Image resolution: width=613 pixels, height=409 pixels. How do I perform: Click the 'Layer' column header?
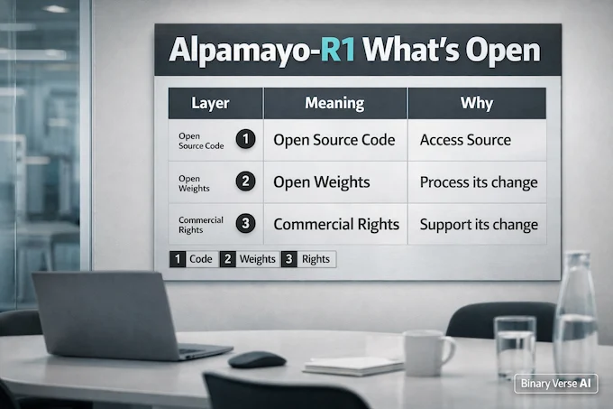214,103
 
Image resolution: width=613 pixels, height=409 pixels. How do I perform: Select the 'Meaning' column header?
334,103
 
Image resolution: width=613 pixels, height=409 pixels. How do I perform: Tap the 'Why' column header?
476,103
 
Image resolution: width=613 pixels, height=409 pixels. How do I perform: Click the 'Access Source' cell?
465,140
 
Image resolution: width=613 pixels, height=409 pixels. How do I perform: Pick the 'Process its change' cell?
478,182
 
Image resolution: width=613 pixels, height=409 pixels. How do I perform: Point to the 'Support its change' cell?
478,224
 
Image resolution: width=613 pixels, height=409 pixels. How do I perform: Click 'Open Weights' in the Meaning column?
321,182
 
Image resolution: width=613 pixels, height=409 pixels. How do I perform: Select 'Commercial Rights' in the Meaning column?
338,224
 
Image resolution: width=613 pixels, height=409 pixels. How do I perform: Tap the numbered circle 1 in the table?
244,140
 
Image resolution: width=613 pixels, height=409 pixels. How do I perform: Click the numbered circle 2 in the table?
244,182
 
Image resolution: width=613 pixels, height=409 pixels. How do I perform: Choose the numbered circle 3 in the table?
244,224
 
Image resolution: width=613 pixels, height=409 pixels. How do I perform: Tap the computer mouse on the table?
257,359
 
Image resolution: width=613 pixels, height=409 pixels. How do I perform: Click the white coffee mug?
425,351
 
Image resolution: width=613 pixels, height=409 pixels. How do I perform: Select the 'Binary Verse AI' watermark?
556,383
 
